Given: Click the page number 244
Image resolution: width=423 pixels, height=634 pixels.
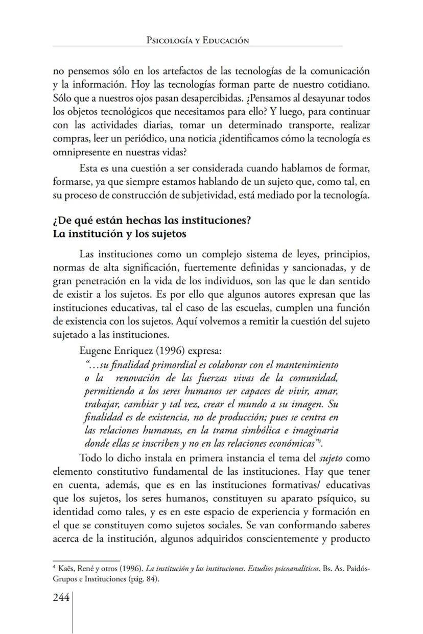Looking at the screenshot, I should pos(61,598).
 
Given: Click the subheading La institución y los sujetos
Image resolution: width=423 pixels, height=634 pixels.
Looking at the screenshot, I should pos(119,235).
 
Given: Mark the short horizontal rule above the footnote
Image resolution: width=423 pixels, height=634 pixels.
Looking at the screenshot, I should pos(86,561).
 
